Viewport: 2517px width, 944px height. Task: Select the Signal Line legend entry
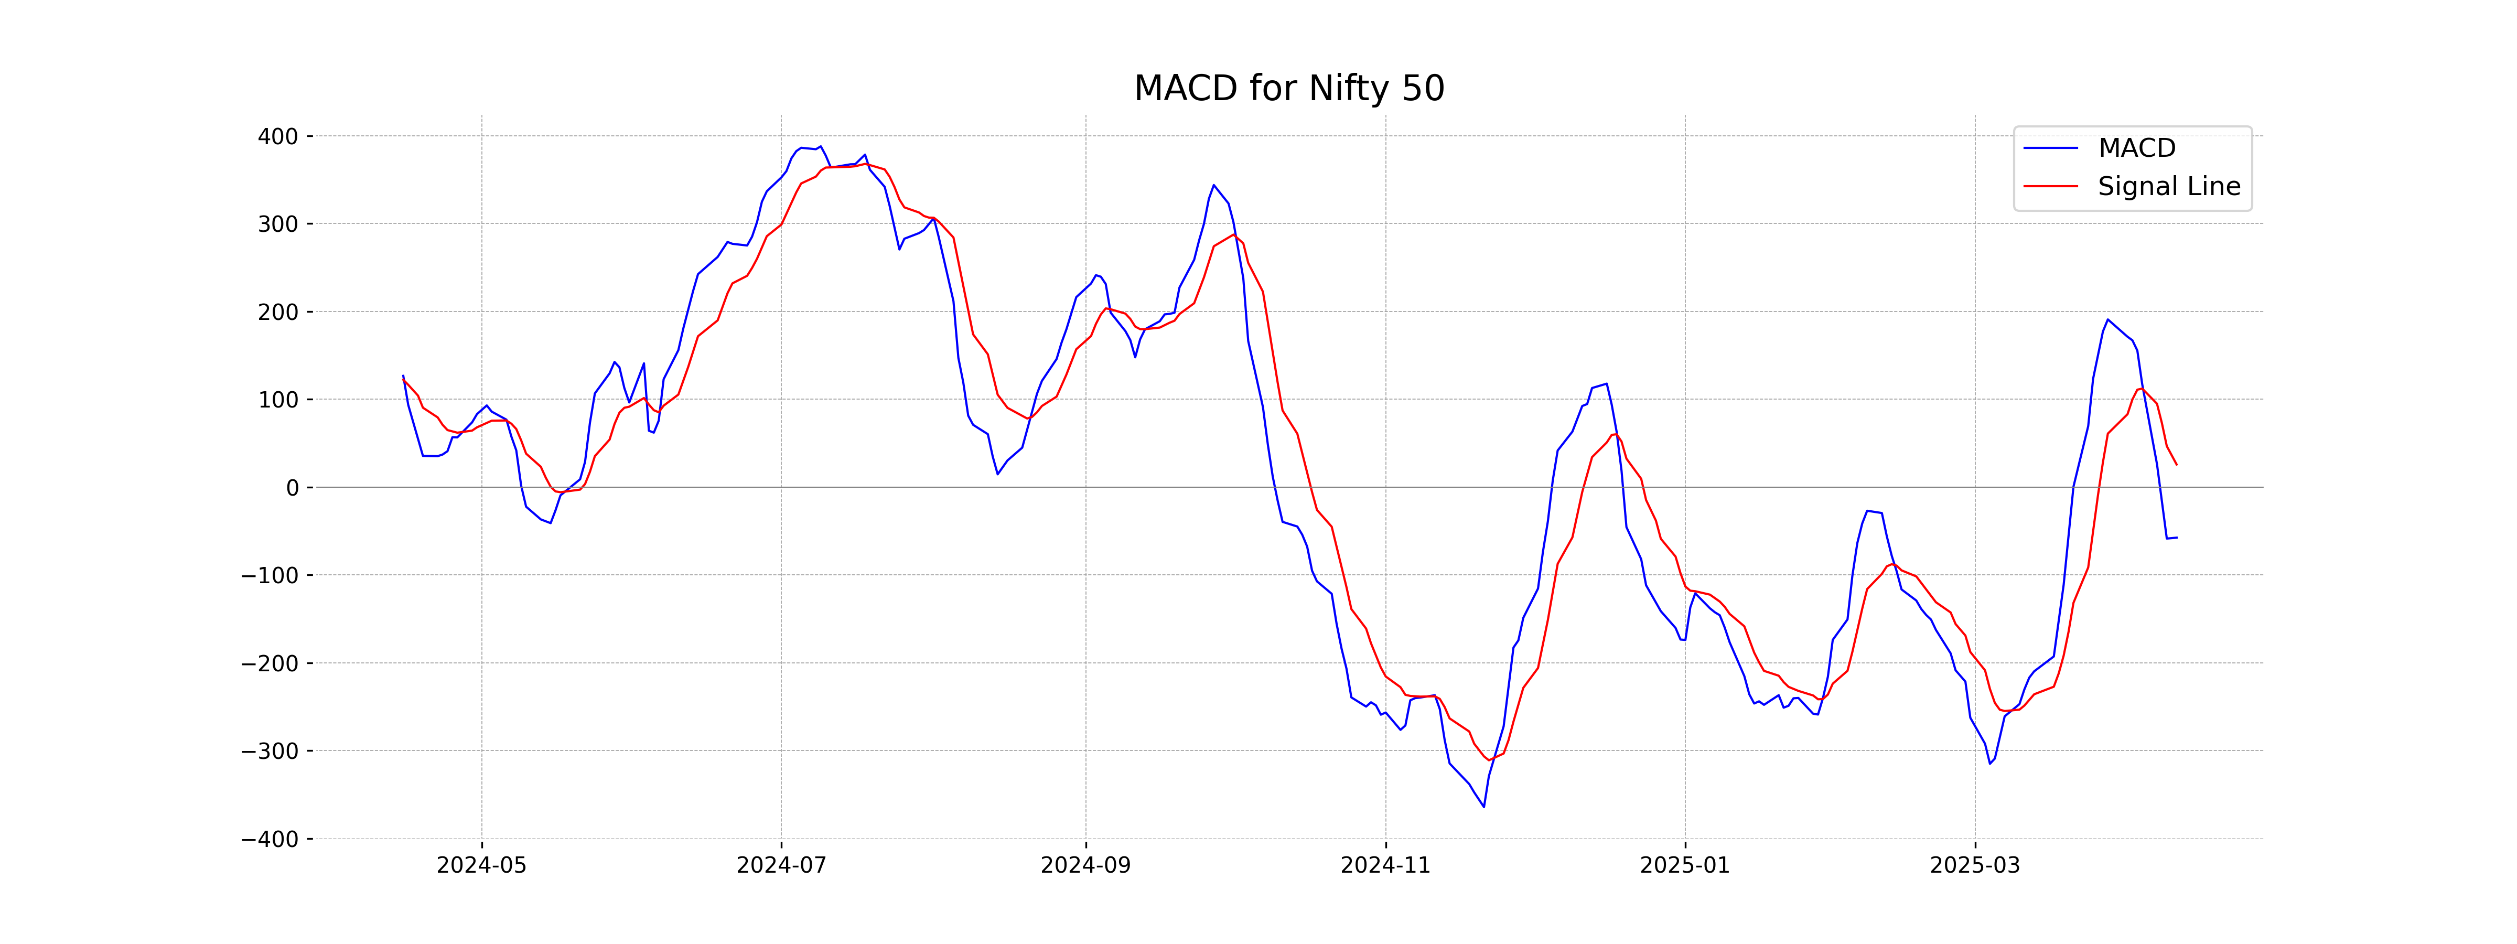coord(2168,187)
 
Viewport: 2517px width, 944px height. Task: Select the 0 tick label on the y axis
coord(292,488)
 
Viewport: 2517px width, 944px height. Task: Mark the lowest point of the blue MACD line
coord(1483,806)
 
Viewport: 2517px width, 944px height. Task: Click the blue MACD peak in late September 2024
coord(1213,185)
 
